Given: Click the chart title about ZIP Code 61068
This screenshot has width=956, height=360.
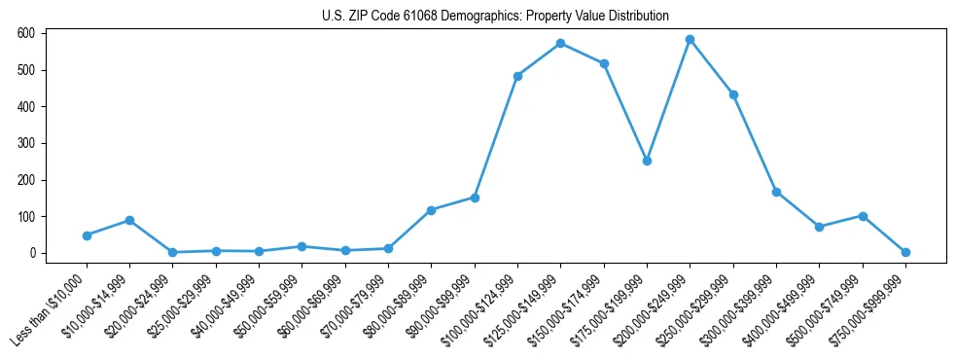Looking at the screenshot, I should [495, 16].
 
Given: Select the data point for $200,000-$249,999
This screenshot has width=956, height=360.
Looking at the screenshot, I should [690, 40].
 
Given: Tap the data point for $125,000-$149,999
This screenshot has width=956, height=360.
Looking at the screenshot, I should [560, 44].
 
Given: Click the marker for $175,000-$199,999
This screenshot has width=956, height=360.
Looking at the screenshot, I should [647, 161].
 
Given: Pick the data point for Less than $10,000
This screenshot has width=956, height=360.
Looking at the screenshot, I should [87, 235].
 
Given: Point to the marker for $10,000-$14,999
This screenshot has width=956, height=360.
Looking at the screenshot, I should [129, 220].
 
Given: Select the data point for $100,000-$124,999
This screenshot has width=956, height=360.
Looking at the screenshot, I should [517, 76].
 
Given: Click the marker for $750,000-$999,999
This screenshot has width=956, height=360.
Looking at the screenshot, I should [905, 252].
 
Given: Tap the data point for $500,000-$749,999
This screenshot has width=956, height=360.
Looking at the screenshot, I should [863, 216].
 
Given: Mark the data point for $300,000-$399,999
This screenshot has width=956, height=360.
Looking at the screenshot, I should [776, 192].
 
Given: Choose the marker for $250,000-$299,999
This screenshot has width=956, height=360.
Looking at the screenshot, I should [733, 94].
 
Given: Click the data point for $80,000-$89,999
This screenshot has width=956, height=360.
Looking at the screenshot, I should [431, 210].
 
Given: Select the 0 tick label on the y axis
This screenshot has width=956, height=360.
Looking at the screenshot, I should [32, 253].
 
